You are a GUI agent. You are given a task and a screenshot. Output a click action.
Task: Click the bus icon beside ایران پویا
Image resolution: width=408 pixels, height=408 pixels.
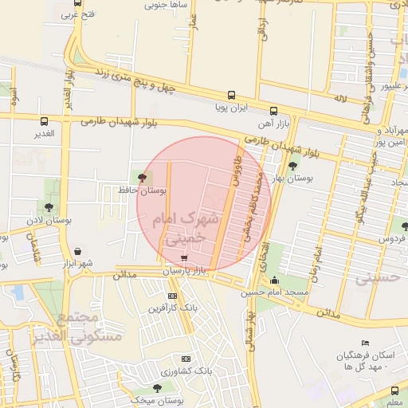[231, 94]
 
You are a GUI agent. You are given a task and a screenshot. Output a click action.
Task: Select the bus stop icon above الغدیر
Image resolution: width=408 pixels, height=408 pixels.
[44, 121]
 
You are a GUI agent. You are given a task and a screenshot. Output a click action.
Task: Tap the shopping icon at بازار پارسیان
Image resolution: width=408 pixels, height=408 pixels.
[185, 258]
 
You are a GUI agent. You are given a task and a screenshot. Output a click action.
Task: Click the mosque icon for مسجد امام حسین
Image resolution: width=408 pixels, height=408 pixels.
[275, 280]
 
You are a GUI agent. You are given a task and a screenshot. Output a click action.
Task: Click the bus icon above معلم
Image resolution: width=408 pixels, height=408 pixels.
[396, 390]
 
